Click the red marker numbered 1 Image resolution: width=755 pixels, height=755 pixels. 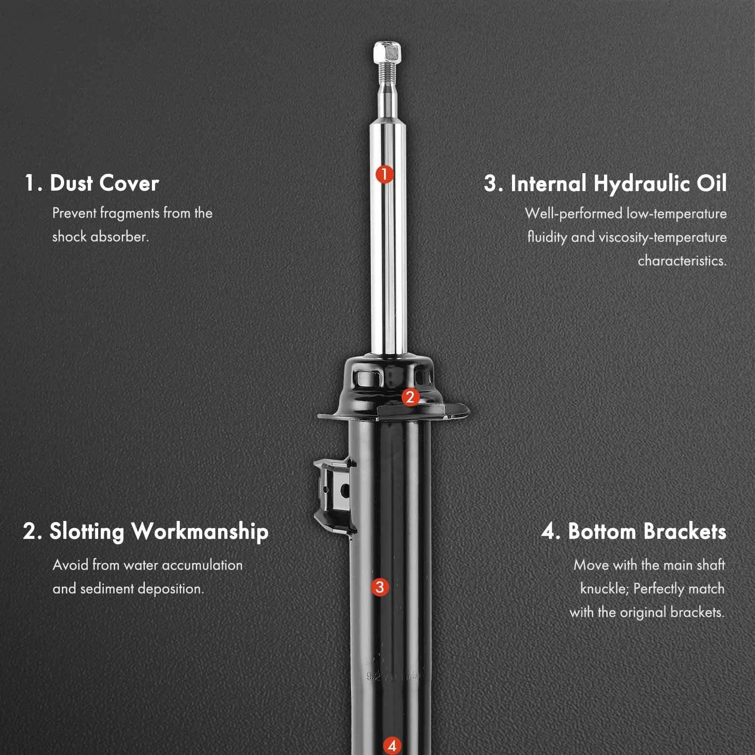click(385, 174)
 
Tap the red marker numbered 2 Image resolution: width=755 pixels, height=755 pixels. click(410, 397)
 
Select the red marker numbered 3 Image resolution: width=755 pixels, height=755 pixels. click(380, 587)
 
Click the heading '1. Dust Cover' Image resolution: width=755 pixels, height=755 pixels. click(92, 183)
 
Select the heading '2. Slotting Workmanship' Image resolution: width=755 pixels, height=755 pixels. click(145, 532)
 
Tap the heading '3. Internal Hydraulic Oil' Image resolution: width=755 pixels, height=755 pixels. click(605, 184)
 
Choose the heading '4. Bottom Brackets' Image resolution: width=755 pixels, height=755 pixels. click(634, 532)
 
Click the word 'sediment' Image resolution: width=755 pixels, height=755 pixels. click(105, 588)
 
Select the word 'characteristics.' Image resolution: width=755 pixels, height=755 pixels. click(682, 260)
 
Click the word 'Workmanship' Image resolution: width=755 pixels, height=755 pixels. click(200, 532)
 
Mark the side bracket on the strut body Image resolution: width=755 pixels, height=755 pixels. click(333, 495)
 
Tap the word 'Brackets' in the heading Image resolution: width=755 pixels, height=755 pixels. click(685, 532)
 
